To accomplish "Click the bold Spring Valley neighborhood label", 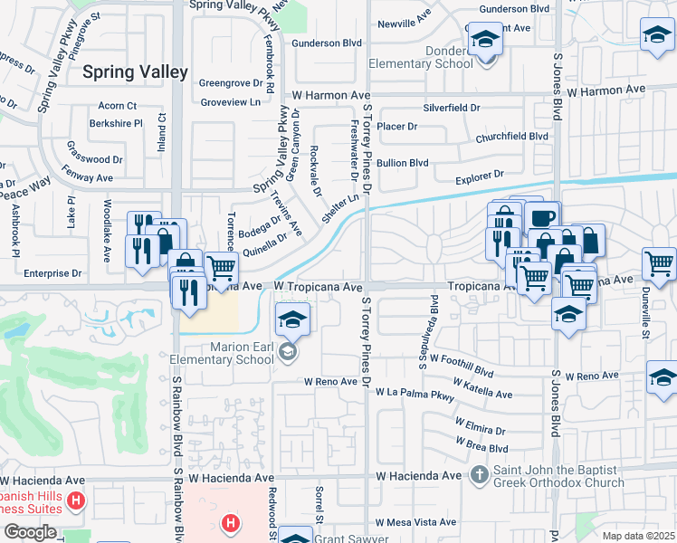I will [135, 71].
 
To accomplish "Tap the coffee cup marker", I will [542, 220].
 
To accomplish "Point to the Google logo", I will [30, 531].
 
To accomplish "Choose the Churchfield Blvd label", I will [511, 137].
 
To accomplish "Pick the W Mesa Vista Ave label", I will [416, 522].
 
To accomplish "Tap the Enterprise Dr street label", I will [52, 272].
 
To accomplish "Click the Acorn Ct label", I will [118, 106].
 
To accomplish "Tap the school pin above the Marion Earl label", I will [292, 319].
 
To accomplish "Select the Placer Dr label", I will [396, 127].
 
